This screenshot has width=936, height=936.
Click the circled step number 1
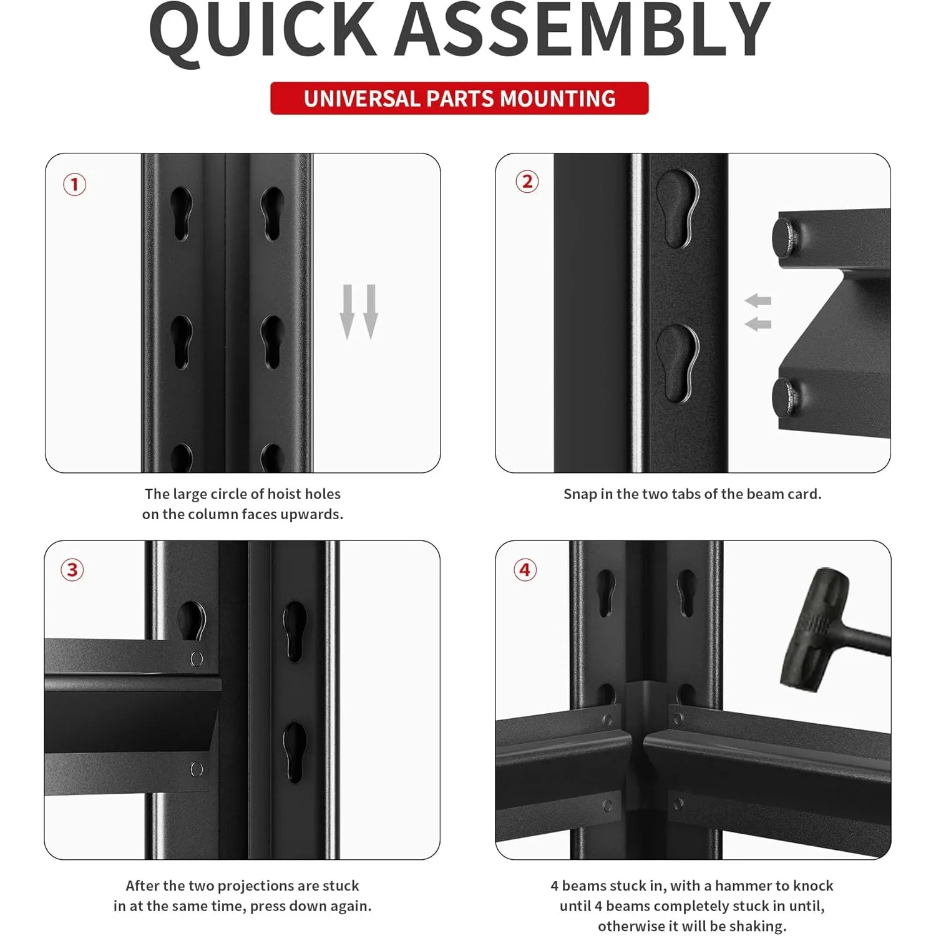74,185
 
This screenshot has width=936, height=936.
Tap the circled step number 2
527,182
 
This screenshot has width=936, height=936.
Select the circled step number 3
72,570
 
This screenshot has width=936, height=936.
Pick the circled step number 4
525,570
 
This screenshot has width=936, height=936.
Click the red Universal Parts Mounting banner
459,99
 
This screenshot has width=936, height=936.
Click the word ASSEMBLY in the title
583,28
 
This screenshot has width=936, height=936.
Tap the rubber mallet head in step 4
814,630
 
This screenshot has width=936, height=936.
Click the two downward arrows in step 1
359,312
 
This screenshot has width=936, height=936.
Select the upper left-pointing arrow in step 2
758,301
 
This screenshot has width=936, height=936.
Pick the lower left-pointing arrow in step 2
758,324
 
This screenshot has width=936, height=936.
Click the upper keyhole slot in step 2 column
678,209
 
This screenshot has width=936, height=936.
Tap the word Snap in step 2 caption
580,494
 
